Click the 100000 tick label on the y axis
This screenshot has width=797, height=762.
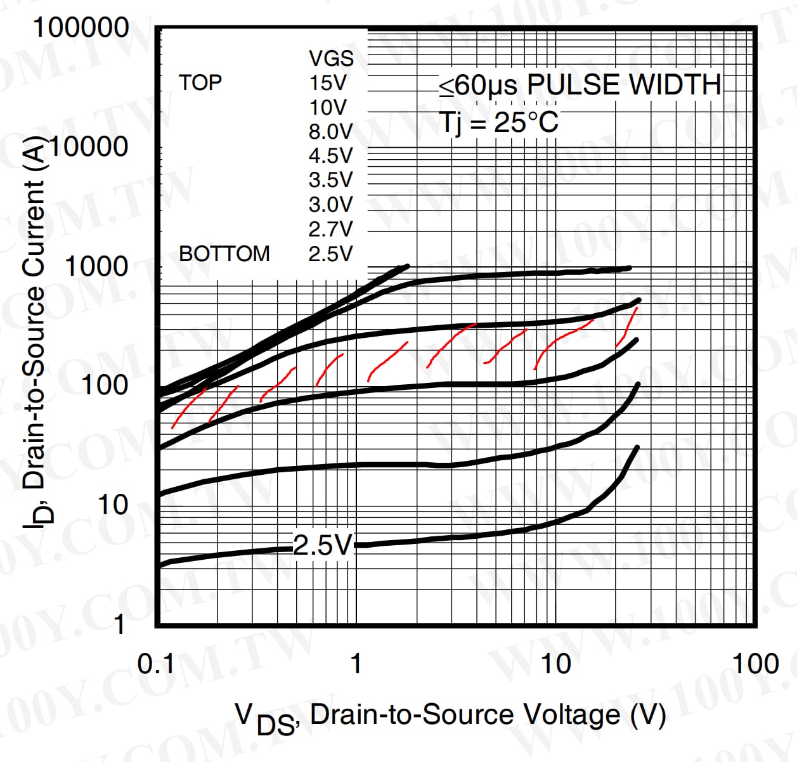click(x=81, y=29)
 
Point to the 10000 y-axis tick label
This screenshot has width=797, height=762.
click(x=89, y=147)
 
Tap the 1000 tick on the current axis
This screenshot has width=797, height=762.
click(x=96, y=267)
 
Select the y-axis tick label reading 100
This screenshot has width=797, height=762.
click(x=105, y=385)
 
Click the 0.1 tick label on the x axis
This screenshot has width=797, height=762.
click(x=156, y=664)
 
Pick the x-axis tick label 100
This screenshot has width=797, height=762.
click(x=755, y=664)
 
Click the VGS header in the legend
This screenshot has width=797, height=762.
click(x=331, y=58)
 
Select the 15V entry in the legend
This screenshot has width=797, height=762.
click(x=328, y=83)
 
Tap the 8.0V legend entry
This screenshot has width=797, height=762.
click(x=330, y=132)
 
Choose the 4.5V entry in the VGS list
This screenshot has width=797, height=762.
click(x=330, y=156)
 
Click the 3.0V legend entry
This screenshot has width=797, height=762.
click(x=330, y=205)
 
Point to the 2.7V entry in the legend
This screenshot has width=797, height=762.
click(x=330, y=229)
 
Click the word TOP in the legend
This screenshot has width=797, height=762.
click(x=200, y=82)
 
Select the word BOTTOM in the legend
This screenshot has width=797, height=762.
click(x=224, y=254)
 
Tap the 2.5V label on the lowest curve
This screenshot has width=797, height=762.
click(x=323, y=545)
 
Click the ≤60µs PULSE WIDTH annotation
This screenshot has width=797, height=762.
click(x=580, y=85)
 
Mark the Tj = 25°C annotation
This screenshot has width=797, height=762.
click(x=498, y=122)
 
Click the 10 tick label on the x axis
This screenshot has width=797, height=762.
click(x=555, y=664)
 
